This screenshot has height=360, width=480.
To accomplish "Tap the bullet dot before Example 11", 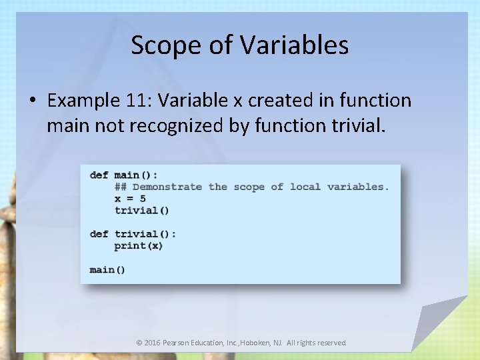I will click(x=32, y=101).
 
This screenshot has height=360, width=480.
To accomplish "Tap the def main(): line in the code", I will click(x=124, y=175).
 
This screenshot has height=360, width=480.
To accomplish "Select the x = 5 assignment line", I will click(x=130, y=199).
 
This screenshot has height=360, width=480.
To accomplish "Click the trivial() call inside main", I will click(x=142, y=210).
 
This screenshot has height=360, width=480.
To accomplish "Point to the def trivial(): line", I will click(x=133, y=234).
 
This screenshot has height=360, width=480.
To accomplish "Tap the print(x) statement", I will click(x=139, y=245).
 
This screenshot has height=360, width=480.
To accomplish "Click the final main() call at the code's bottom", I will click(x=107, y=269).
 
